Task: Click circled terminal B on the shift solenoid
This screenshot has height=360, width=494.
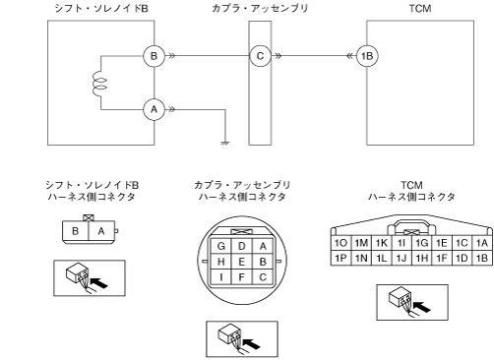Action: tap(154, 56)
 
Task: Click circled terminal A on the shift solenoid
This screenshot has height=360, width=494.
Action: tap(154, 109)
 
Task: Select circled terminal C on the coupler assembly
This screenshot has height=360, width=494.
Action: tap(260, 56)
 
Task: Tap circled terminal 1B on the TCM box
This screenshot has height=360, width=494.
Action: tap(367, 56)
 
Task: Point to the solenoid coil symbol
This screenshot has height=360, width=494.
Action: tap(99, 83)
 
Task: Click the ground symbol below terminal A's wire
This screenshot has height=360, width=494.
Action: tap(225, 143)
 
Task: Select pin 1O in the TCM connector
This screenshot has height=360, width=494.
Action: tap(340, 243)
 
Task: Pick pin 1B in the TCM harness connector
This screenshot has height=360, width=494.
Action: tap(482, 258)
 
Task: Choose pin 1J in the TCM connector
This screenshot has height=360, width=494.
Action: tap(401, 258)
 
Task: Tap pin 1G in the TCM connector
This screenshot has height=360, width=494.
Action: tap(421, 243)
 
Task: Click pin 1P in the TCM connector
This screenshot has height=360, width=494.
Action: tap(340, 258)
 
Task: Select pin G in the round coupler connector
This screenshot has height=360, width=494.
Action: tap(221, 246)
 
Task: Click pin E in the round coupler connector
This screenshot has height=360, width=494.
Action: tap(242, 262)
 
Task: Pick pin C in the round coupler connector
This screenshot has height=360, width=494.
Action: tap(263, 277)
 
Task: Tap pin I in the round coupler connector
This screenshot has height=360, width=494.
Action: tap(221, 277)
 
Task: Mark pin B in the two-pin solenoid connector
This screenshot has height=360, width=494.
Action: tap(76, 231)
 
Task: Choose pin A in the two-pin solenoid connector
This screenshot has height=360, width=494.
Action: tap(101, 231)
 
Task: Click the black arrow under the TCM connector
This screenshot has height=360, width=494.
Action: tap(421, 307)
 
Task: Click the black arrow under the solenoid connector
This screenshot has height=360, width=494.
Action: tap(98, 283)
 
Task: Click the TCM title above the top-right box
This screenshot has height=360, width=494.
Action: tap(420, 8)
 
